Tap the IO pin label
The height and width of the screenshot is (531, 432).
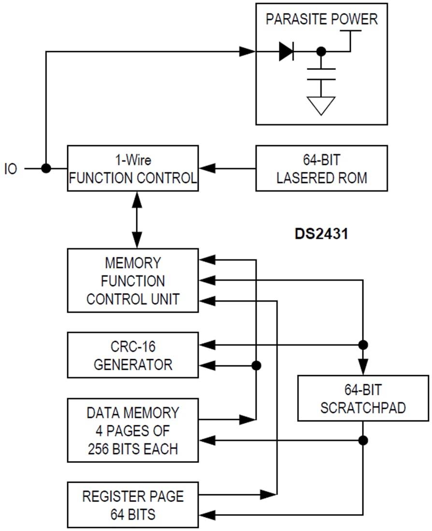coord(11,169)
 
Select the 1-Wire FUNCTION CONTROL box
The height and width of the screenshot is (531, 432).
coord(132,168)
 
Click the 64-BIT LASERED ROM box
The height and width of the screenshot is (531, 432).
coord(321,168)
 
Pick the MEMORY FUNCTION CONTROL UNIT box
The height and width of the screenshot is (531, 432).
coord(132,280)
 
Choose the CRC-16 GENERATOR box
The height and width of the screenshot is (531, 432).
coord(132,355)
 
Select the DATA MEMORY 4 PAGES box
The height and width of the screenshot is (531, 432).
coord(132,431)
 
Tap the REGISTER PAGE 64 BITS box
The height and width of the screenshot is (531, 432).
coord(132,504)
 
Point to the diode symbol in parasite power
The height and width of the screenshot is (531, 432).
coord(287,51)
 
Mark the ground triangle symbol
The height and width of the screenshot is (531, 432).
coord(321,104)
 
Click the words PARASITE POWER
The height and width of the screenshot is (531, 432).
coord(321,20)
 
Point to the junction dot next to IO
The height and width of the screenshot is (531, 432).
coord(46,168)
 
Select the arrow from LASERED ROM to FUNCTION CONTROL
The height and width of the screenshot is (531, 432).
coord(227,168)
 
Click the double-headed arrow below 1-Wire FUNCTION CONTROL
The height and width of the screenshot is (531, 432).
coord(137,219)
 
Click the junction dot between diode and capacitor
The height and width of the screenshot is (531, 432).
coord(320,52)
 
